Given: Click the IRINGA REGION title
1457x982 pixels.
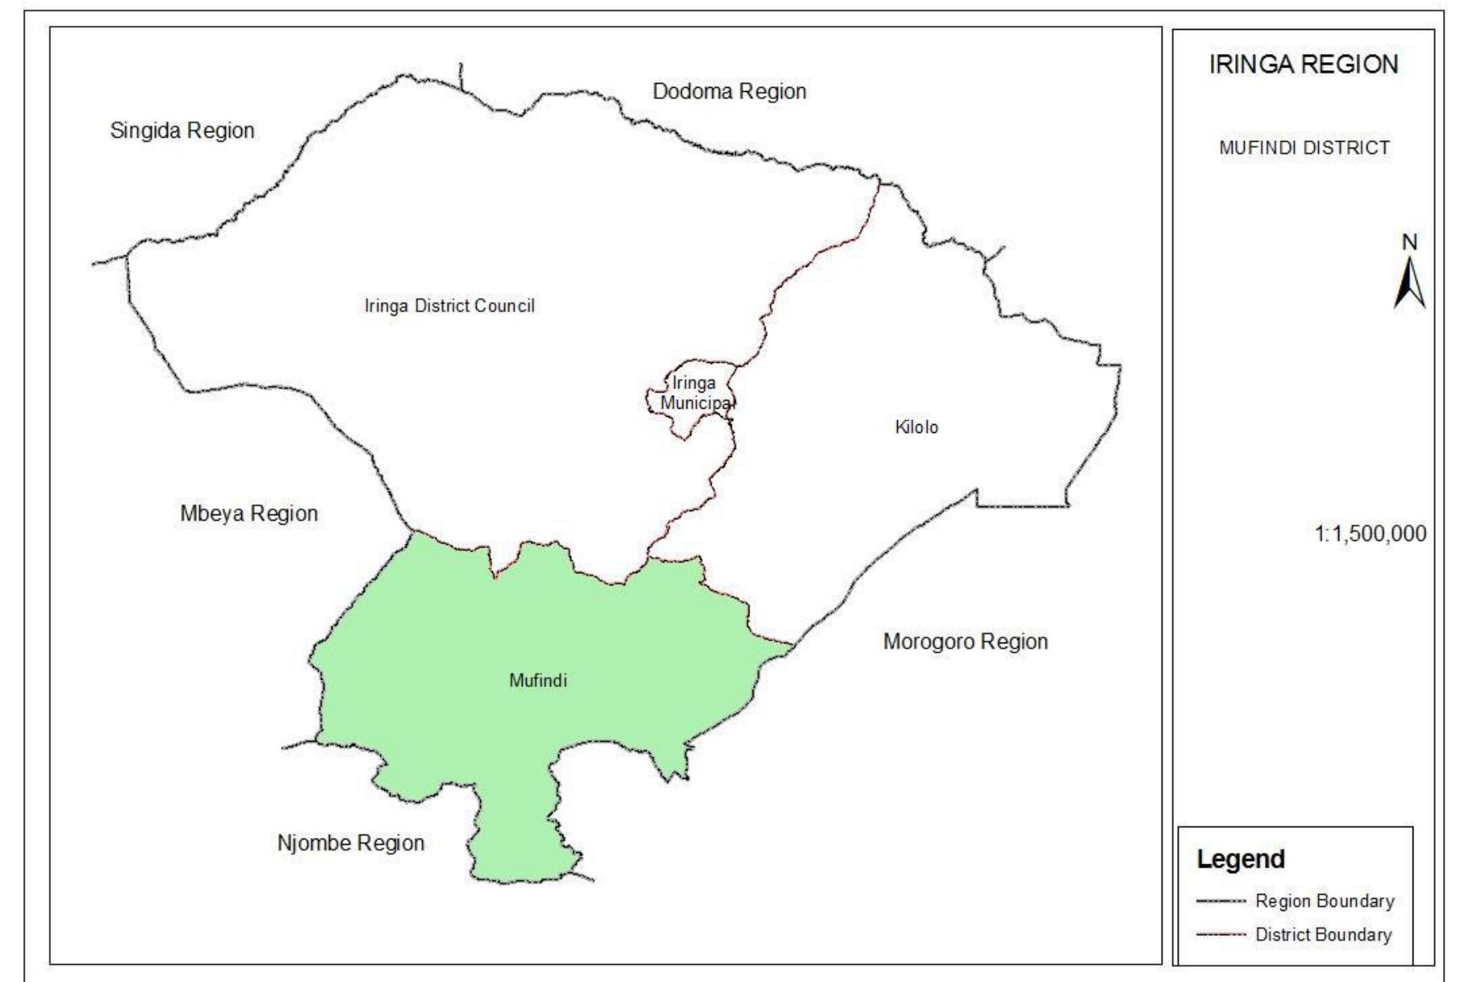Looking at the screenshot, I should [x=1303, y=64].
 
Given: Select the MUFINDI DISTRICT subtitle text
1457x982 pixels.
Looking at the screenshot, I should [x=1305, y=148].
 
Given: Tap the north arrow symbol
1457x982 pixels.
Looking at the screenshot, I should [x=1409, y=283].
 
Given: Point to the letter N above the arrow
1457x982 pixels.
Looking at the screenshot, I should [x=1409, y=242].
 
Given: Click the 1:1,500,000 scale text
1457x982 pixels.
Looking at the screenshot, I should [x=1370, y=534].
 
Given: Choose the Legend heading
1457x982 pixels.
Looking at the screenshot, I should [x=1240, y=859].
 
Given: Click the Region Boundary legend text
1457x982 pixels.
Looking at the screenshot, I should [x=1325, y=901].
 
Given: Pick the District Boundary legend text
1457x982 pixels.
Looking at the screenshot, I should [x=1323, y=935].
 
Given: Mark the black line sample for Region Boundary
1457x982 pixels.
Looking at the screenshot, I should [x=1221, y=901].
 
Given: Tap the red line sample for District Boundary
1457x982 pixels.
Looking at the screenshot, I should [x=1221, y=935].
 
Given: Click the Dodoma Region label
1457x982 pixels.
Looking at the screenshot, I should [x=729, y=92].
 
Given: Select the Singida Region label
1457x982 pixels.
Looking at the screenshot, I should [x=182, y=131].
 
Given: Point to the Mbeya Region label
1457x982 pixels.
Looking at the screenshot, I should [x=248, y=514].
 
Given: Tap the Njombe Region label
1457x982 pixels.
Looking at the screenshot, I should [x=350, y=843].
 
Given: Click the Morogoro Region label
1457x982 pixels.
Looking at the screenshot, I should [x=965, y=642].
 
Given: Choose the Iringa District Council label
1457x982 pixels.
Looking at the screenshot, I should [x=449, y=306].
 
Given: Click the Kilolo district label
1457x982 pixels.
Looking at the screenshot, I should [x=916, y=427].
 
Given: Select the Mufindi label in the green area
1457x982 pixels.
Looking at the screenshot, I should [x=538, y=680].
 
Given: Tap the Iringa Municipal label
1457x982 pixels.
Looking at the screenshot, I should [x=695, y=393].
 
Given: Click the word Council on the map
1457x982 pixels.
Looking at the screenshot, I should [x=504, y=306].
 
